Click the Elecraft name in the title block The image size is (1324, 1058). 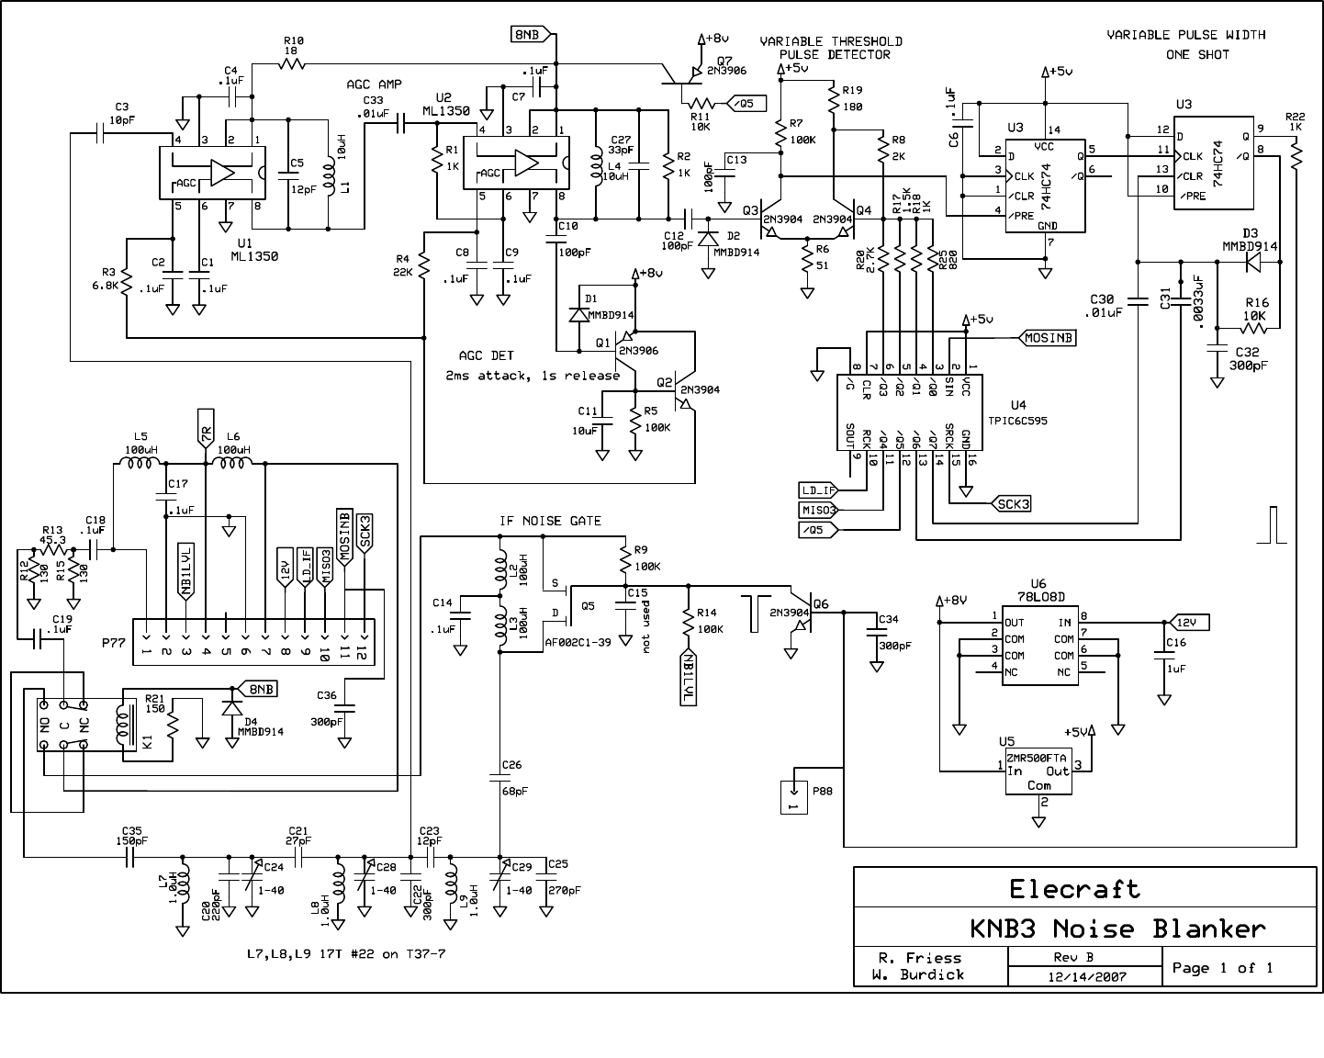[x=1074, y=889]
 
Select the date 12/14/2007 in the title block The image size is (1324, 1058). [x=1084, y=976]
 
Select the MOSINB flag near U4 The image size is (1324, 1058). [x=1048, y=338]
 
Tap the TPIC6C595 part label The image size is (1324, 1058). [x=1016, y=421]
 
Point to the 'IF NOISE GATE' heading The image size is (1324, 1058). [x=550, y=521]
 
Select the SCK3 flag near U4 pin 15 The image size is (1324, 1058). [x=1010, y=503]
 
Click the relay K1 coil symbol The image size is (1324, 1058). [x=120, y=724]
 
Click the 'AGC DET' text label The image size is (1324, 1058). [x=487, y=355]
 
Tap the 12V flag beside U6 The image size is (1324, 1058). [x=1191, y=623]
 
